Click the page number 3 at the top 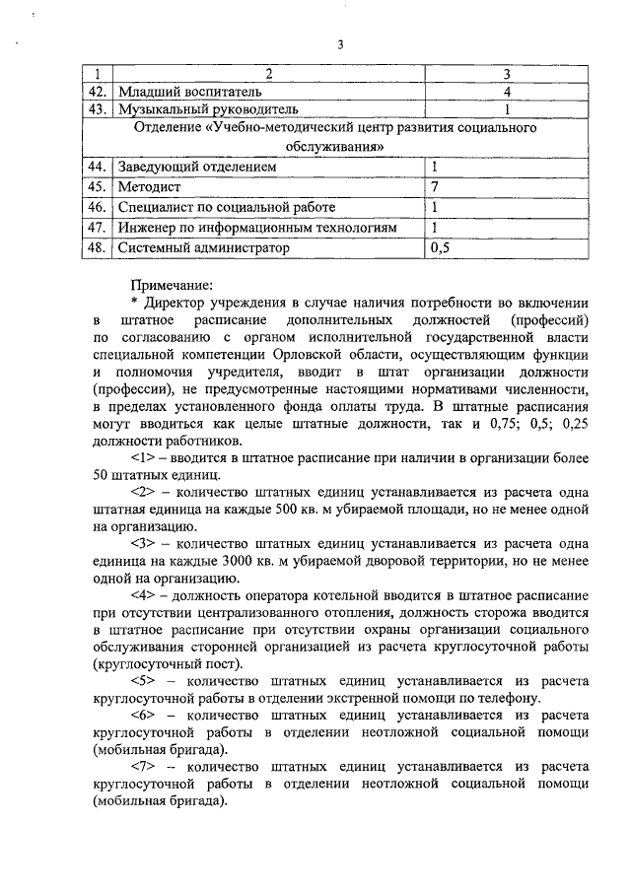[339, 44]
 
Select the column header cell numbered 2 [269, 75]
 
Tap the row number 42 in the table [95, 92]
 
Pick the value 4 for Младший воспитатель [506, 92]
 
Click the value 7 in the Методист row [435, 187]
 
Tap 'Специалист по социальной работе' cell [227, 207]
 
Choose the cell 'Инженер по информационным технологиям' [257, 228]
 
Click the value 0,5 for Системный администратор [441, 248]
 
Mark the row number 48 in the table [95, 248]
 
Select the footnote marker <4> [143, 597]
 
